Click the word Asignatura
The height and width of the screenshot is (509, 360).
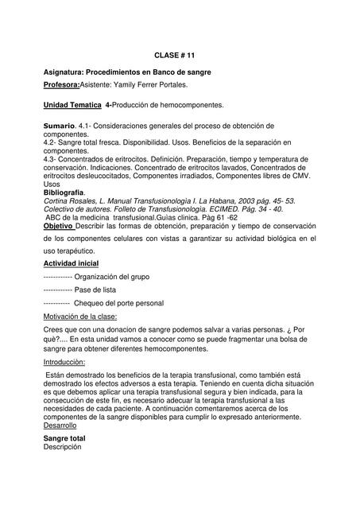67,72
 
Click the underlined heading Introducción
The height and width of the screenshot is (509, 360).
64,362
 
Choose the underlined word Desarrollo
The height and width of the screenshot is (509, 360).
60,425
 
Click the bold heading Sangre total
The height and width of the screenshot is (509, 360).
64,438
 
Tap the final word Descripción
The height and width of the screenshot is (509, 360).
63,447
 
